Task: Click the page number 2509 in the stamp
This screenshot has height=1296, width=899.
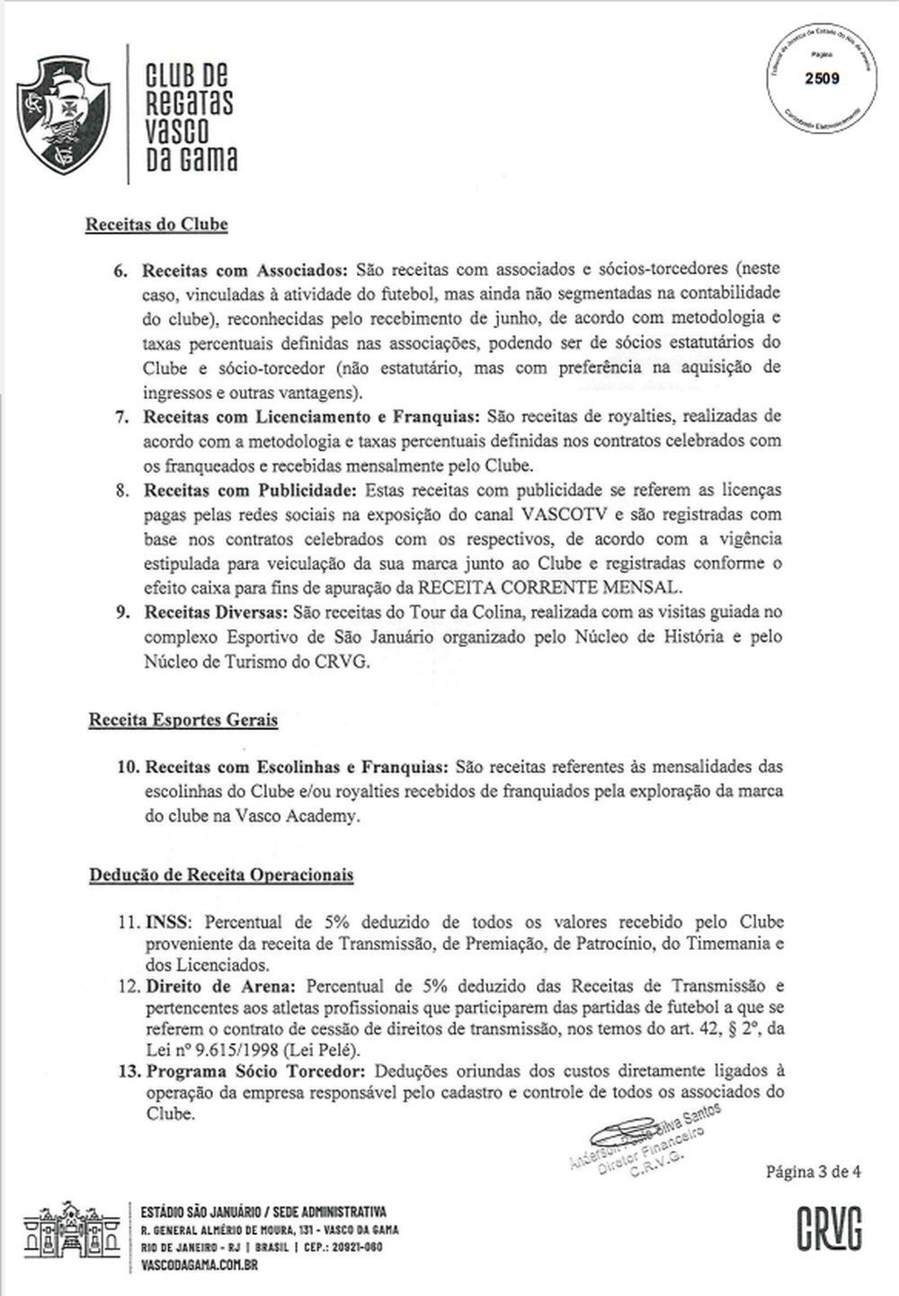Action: (x=822, y=78)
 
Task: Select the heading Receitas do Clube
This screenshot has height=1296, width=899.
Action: (x=156, y=225)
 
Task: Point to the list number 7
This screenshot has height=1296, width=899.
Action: (x=121, y=417)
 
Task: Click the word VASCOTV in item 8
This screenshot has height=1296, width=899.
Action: (x=566, y=515)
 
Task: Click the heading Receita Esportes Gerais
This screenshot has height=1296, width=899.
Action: (x=182, y=720)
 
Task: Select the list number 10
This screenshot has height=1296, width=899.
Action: (x=128, y=767)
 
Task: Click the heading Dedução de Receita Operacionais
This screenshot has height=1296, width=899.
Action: (x=221, y=875)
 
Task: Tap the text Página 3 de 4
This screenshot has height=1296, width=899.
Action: (x=813, y=1171)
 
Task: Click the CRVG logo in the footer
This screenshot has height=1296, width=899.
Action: (x=829, y=1228)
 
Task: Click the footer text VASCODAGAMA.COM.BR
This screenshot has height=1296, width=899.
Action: (x=199, y=1265)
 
